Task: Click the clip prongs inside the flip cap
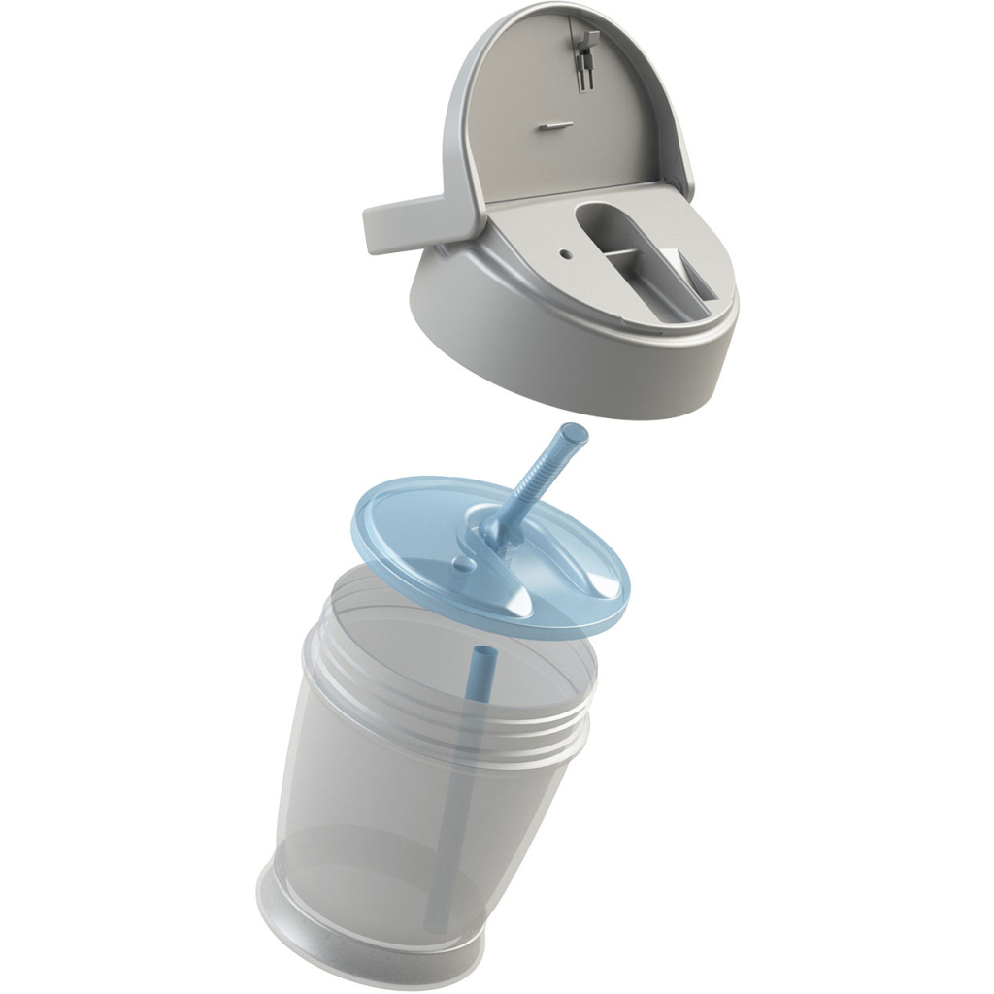(585, 58)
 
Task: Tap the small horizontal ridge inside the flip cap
(548, 124)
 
